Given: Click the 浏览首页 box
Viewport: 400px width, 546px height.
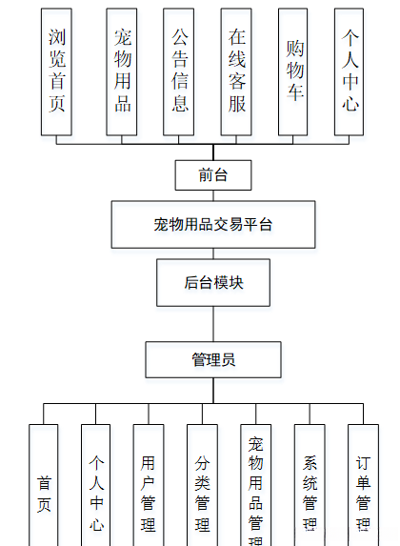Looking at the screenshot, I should [x=56, y=71].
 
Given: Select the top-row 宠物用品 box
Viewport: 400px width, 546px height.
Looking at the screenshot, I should [x=122, y=71].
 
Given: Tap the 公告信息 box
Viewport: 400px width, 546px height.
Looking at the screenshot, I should [x=180, y=71].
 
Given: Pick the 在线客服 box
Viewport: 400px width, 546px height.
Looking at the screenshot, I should [x=236, y=71].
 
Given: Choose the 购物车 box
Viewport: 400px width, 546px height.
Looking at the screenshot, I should [x=294, y=71].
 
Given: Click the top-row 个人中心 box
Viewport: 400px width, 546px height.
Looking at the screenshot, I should [x=350, y=71].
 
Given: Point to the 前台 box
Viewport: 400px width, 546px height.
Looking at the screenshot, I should [x=213, y=175].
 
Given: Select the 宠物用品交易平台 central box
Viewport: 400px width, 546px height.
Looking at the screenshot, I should [x=213, y=225].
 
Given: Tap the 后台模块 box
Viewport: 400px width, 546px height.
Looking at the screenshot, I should [x=213, y=282].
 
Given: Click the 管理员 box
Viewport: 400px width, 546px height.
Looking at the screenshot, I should [x=213, y=359].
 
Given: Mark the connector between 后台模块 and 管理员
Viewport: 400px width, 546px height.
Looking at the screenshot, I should [x=213, y=324].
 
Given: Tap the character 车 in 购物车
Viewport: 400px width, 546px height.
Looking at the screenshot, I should [x=294, y=95].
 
